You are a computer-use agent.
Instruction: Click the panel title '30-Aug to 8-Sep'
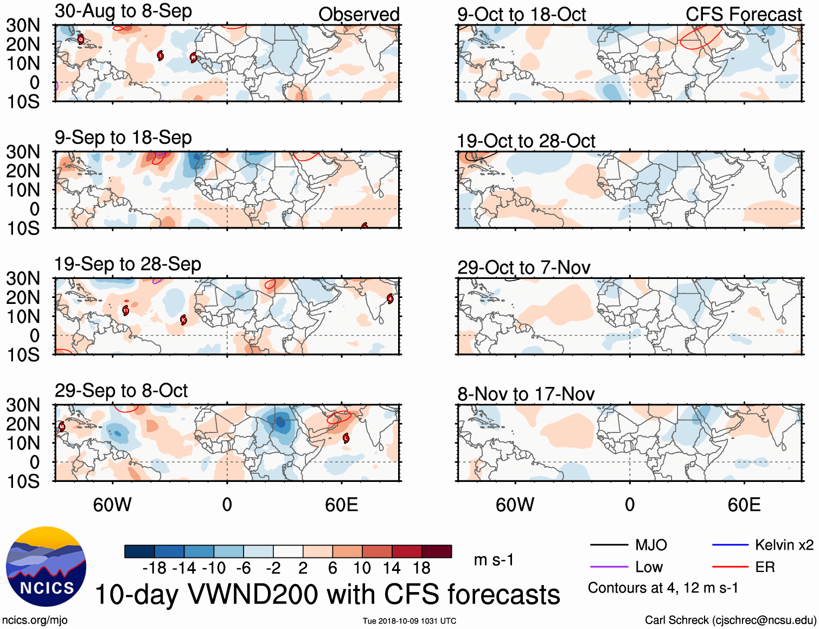point(123,11)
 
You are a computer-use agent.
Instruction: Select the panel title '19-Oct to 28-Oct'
point(526,141)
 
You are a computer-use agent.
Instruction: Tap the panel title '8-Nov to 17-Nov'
point(526,394)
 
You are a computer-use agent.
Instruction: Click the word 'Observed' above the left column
point(359,14)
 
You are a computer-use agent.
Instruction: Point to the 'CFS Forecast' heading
point(743,14)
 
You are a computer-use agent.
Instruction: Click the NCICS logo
point(46,567)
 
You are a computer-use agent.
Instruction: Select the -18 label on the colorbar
point(154,568)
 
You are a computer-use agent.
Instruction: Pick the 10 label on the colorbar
point(362,568)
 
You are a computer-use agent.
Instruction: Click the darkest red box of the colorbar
point(437,551)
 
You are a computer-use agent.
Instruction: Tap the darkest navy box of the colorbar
point(139,551)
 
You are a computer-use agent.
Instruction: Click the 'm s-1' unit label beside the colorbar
point(494,560)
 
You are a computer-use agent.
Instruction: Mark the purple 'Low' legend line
point(609,567)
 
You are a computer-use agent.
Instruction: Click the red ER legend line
point(730,567)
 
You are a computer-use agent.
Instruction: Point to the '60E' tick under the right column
point(744,505)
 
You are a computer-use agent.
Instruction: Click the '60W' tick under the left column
point(112,505)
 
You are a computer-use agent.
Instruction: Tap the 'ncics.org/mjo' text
point(35,620)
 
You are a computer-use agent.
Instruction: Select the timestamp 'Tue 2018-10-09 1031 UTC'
point(409,621)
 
